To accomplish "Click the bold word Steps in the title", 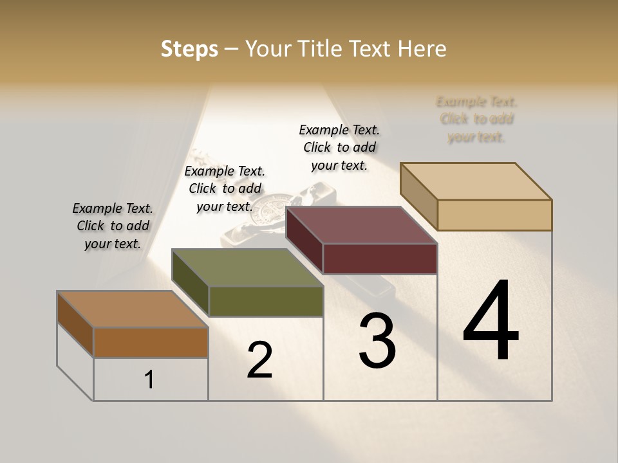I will (189, 49).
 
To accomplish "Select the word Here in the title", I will (422, 49).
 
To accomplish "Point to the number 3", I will (377, 341).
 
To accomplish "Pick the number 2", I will (259, 360).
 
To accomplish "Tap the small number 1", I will (149, 379).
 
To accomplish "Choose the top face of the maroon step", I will (361, 226).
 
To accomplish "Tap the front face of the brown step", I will (151, 342).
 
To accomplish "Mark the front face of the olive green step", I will (266, 301).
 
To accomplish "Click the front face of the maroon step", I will (380, 259).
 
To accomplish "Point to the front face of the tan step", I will (494, 215).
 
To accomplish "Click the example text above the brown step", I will (113, 226).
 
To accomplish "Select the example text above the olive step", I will (225, 188).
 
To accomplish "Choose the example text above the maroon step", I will (339, 147).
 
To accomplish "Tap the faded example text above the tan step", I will (476, 119).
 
